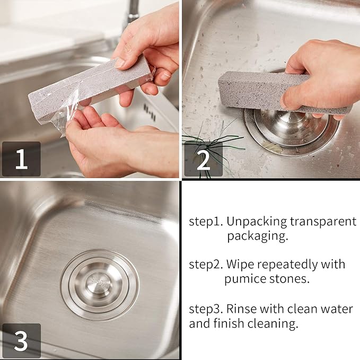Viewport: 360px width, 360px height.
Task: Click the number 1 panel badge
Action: (21, 159)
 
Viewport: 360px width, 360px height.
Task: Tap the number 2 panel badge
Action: (203, 159)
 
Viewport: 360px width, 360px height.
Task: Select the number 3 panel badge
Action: (21, 341)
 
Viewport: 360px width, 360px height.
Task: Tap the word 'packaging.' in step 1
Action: (258, 236)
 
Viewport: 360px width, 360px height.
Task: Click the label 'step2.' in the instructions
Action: (206, 264)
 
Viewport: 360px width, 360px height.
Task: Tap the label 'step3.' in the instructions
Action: (206, 309)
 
